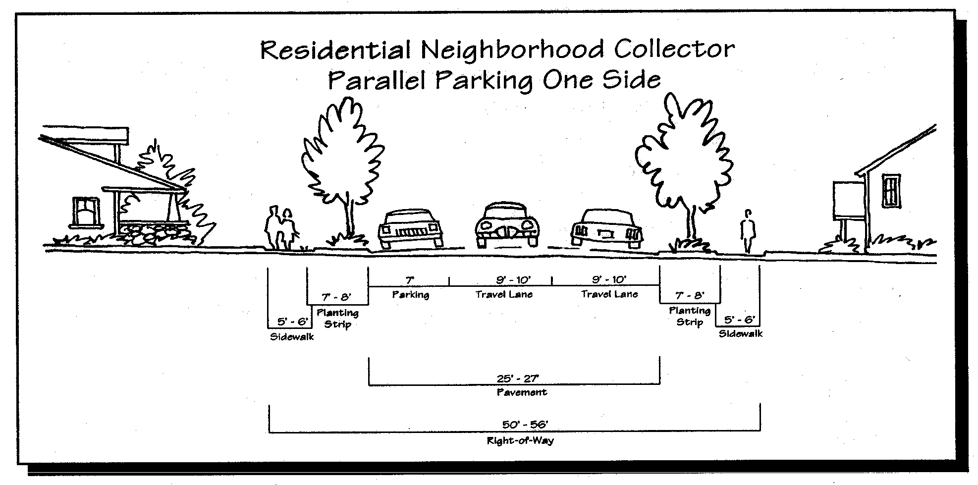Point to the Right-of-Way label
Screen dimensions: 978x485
520,440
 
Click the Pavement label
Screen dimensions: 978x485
522,393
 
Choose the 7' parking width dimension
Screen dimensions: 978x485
410,280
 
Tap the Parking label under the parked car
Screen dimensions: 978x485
410,295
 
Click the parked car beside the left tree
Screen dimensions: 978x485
411,229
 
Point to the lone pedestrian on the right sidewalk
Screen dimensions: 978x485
747,231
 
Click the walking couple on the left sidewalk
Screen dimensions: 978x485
280,229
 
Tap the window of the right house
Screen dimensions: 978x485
891,190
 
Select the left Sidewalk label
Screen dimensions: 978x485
292,337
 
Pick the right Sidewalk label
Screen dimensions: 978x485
740,334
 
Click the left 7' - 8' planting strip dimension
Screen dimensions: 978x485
336,297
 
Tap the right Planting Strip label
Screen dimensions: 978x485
689,317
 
